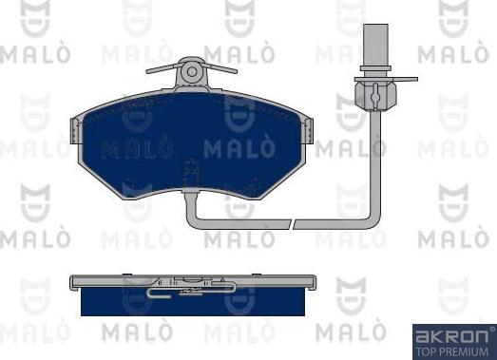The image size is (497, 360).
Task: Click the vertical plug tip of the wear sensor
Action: [x=370, y=44]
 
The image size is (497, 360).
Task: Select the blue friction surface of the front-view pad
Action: [x=190, y=142]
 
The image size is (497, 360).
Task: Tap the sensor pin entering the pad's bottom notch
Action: [x=191, y=190]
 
